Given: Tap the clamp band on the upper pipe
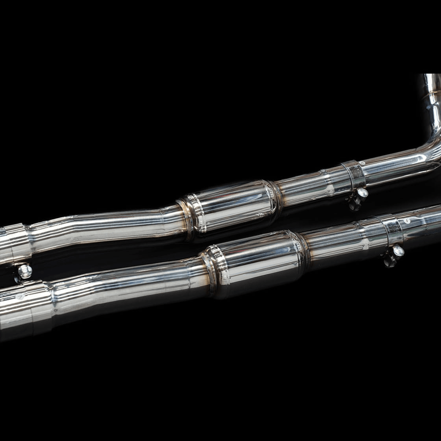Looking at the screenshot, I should coord(354,175).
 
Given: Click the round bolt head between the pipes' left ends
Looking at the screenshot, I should coord(25,271).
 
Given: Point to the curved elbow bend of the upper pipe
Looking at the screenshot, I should coord(429,149).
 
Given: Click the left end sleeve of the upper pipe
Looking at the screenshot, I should coord(12,244).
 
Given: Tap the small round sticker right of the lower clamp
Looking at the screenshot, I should coord(408,221).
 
